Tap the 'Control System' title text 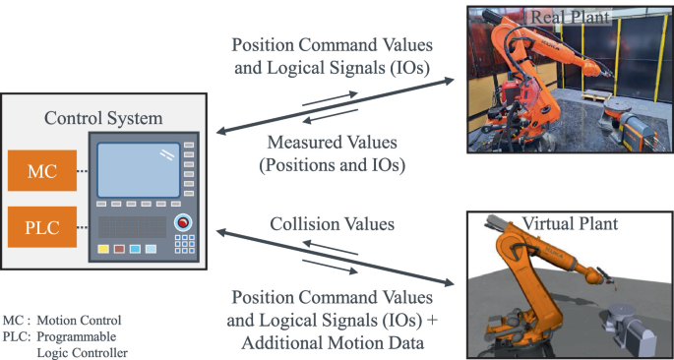(104, 118)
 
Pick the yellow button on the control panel (103, 248)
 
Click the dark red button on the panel (119, 248)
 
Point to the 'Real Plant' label (558, 16)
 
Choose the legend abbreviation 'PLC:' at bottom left (17, 334)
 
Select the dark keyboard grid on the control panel (132, 225)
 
